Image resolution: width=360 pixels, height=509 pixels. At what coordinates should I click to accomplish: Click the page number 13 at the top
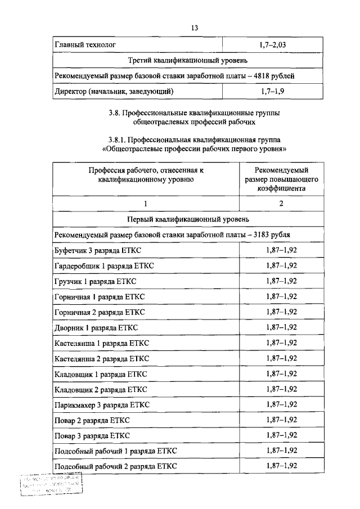(x=195, y=27)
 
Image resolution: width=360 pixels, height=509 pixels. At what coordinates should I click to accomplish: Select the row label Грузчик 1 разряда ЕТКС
(x=96, y=280)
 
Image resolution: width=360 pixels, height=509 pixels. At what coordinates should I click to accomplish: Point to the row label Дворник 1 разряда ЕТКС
(x=96, y=327)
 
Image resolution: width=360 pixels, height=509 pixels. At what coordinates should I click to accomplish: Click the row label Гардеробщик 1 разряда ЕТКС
(x=106, y=265)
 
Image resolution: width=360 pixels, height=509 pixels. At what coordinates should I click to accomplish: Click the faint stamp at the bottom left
(x=51, y=485)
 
